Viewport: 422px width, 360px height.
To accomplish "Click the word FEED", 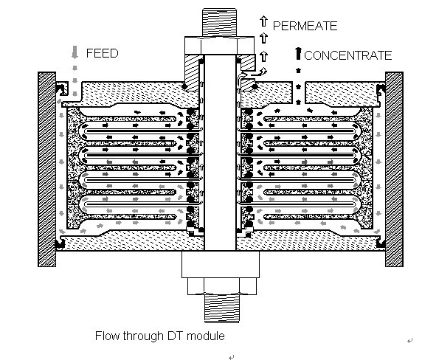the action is pos(103,53).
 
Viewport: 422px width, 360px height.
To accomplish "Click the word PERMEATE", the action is pos(305,26).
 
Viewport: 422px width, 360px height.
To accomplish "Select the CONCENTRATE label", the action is pos(348,55).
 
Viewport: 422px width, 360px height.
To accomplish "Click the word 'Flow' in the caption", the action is pos(106,336).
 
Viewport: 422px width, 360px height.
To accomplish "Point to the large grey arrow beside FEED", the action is pos(75,52).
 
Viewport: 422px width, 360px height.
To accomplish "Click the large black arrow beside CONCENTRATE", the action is pos(298,53).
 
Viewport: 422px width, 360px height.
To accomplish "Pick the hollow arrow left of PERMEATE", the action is pos(264,21).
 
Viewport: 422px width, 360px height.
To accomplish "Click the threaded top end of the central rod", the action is pos(219,23).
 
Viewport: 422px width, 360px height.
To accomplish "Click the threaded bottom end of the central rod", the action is pos(222,308).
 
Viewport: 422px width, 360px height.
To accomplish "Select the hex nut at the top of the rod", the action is pos(219,46).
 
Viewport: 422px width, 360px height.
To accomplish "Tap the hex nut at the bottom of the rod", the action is pos(222,286).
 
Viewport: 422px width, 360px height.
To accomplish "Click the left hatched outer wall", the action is pos(46,169).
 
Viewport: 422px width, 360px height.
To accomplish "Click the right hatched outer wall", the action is pos(394,169).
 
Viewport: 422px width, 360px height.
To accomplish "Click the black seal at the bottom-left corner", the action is pos(60,243).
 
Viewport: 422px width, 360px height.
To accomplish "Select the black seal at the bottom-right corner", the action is pos(381,243).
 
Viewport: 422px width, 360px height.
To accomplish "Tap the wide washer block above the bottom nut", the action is pos(221,265).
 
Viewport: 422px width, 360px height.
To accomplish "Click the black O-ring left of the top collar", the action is pos(184,86).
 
